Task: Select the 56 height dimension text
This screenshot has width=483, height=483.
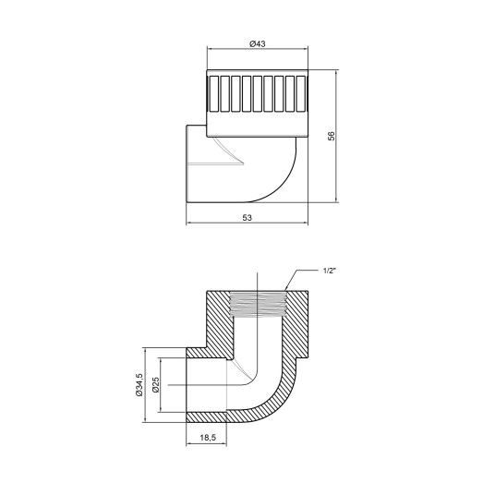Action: tap(332, 136)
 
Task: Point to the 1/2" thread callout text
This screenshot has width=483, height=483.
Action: tap(330, 271)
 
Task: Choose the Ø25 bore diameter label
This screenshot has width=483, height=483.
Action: tap(157, 384)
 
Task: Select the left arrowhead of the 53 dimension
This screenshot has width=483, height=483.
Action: tap(189, 223)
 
